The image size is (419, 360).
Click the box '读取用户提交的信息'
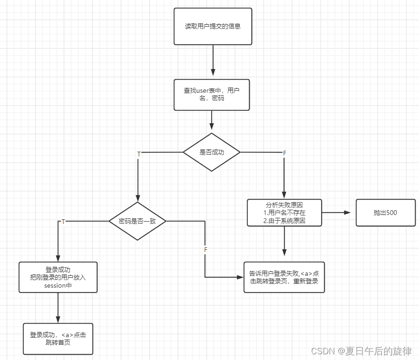(x=213, y=26)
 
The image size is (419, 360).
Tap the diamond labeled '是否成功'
(x=212, y=152)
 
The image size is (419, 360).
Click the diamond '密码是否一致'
(x=137, y=221)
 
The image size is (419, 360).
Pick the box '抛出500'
(x=385, y=213)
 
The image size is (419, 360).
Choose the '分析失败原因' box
(x=284, y=213)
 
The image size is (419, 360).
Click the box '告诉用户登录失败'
(x=284, y=277)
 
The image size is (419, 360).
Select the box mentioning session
(x=58, y=277)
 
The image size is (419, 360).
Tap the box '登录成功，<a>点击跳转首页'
(x=58, y=339)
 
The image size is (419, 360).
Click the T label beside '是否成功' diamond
(x=139, y=154)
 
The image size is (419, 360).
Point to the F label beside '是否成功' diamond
(x=284, y=153)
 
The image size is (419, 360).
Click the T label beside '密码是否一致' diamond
(x=63, y=222)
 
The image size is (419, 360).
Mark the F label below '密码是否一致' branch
(x=205, y=250)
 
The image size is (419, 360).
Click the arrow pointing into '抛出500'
(x=339, y=213)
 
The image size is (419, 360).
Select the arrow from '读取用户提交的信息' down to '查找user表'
(x=213, y=62)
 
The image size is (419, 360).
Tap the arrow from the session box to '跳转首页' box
(x=58, y=308)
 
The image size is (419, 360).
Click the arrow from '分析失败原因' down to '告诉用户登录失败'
(x=284, y=243)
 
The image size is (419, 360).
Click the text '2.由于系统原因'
(x=284, y=221)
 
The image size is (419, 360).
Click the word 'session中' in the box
(x=58, y=286)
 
